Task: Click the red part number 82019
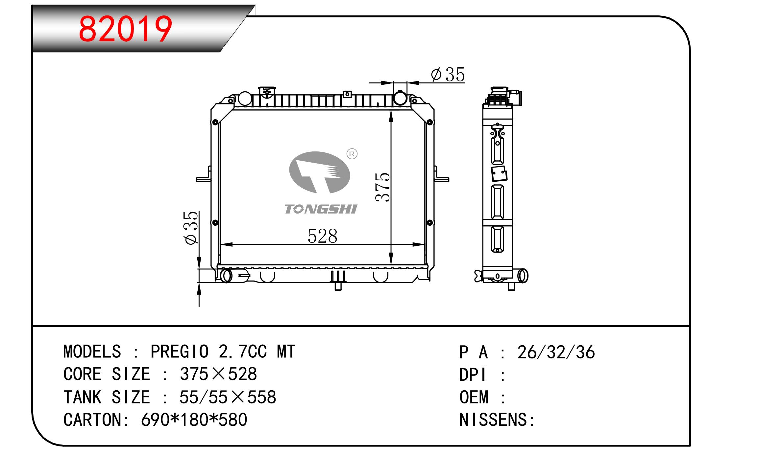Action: point(125,29)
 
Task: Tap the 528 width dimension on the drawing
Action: point(322,236)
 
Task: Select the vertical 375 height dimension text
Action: point(383,187)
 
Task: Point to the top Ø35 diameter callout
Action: point(448,75)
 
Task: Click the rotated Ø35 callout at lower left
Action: point(192,228)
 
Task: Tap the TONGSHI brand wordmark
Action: point(321,209)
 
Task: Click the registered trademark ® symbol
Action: point(352,154)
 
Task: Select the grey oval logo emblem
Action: point(319,172)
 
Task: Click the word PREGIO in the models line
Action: point(179,352)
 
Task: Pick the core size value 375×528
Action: point(218,374)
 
